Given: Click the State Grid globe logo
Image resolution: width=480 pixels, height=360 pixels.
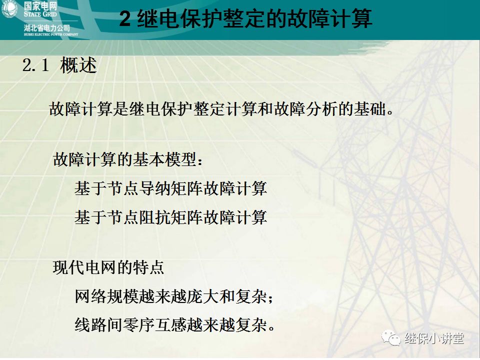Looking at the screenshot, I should (x=9, y=9).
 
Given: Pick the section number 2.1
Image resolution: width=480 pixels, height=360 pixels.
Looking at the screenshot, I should (x=35, y=66).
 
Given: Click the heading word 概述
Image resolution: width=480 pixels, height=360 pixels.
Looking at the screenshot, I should (x=78, y=66).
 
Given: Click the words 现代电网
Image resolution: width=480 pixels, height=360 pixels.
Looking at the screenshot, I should (x=78, y=267).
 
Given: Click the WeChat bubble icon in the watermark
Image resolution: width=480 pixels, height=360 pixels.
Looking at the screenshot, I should (x=391, y=338).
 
